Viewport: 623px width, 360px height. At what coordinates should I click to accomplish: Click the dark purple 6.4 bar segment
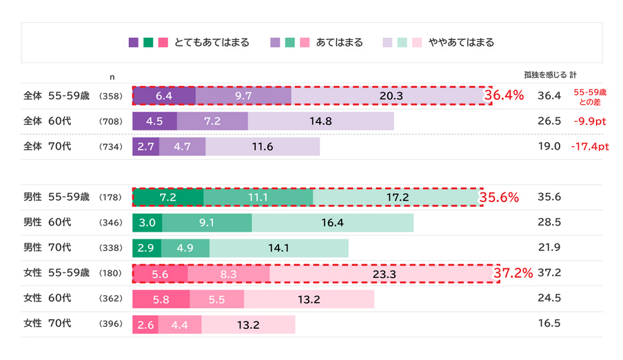[164, 96]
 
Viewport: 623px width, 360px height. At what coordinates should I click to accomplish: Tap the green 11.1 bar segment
[258, 197]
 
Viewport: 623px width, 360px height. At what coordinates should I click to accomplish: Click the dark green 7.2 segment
[168, 197]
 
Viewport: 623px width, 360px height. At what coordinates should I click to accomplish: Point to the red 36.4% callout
[504, 95]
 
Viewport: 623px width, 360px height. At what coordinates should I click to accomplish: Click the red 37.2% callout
[513, 274]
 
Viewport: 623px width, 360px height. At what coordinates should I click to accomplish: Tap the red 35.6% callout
[499, 197]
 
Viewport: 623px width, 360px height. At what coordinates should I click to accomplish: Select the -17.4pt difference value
[591, 147]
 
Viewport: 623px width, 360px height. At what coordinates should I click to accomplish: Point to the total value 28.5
[549, 223]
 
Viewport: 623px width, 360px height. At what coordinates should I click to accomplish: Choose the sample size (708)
[111, 121]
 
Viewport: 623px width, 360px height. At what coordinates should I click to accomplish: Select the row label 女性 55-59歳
[57, 274]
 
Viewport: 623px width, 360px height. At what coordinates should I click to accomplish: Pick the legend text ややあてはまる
[461, 43]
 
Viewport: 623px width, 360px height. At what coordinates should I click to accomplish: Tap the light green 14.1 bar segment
[278, 248]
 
